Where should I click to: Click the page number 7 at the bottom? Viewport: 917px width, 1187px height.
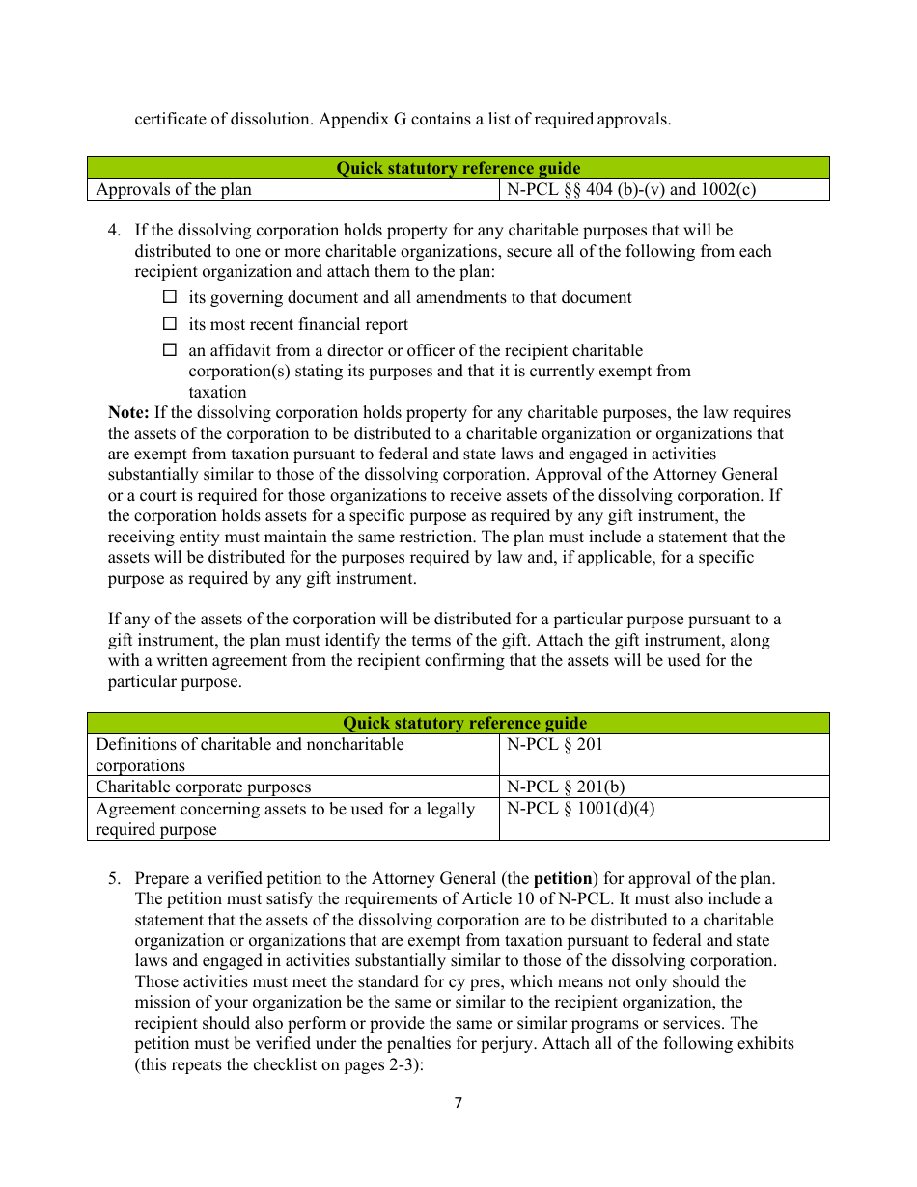[x=458, y=1103]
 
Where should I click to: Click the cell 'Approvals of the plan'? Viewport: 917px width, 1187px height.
[x=174, y=190]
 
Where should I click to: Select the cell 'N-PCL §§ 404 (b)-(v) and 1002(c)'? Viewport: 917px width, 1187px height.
[x=631, y=190]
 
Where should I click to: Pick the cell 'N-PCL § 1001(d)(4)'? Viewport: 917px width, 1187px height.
[x=580, y=809]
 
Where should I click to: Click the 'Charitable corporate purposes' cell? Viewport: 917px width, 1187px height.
[x=204, y=787]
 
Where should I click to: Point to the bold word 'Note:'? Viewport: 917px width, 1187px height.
[x=128, y=413]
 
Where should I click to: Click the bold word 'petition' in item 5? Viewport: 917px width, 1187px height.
[x=563, y=879]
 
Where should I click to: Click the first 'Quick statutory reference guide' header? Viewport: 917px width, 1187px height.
[x=458, y=168]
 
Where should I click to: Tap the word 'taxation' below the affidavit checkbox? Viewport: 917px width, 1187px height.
[x=217, y=393]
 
